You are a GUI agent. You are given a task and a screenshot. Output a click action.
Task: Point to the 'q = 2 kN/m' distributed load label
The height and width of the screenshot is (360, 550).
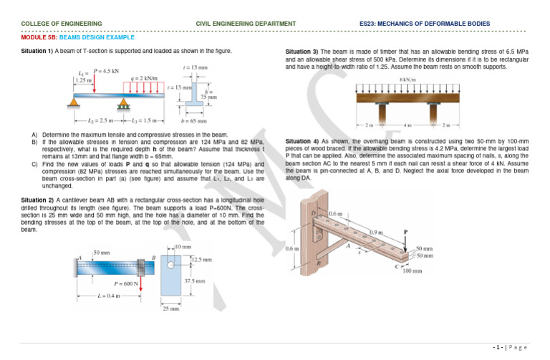(x=140, y=77)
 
